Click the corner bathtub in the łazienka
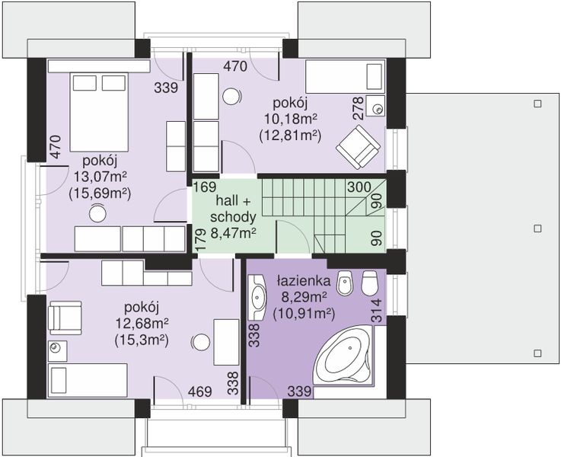coord(344,356)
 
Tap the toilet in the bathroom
coord(370,282)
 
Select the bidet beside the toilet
coord(345,283)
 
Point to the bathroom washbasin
coord(257,297)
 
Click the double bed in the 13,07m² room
coord(99,112)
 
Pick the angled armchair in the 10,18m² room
coord(358,147)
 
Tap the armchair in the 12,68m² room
coord(65,315)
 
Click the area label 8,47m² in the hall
coord(233,233)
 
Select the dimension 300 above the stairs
coord(359,187)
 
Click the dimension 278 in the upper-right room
coord(358,107)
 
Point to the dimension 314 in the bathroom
coord(377,310)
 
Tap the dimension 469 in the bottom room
coord(199,391)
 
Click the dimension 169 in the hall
coord(205,187)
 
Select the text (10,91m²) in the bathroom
coord(304,314)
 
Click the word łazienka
coord(304,281)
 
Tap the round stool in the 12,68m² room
coord(201,343)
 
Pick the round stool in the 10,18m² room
coord(231,97)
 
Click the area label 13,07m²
coord(100,177)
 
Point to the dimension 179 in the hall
coord(202,239)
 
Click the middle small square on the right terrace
coord(537,228)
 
